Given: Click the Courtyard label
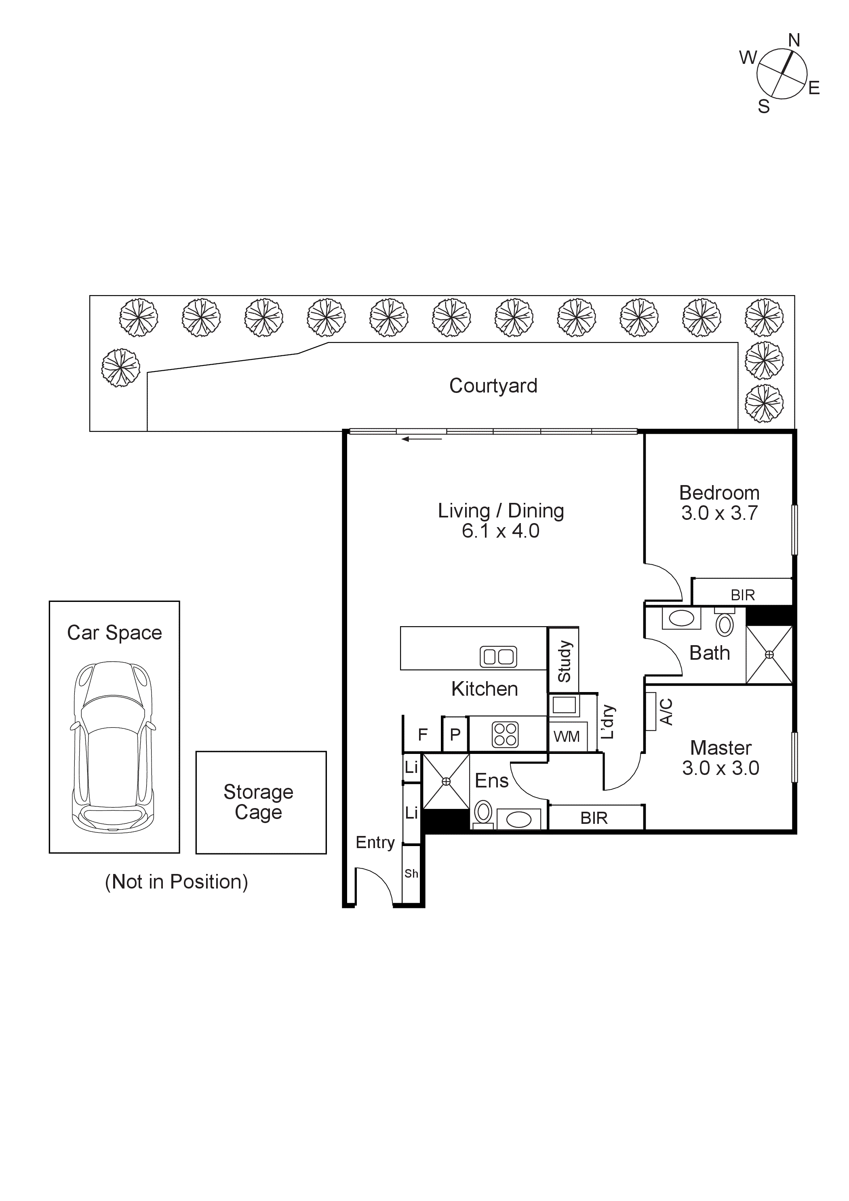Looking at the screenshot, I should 493,386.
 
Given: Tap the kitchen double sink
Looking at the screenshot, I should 498,656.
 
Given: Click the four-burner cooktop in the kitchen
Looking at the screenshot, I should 505,735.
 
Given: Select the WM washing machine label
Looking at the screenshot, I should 566,737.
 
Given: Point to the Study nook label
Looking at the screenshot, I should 564,661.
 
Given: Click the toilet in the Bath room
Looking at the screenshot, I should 724,623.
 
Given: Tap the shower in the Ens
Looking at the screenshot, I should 446,781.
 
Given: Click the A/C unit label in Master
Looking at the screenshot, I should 666,711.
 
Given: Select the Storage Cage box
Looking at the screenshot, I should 261,802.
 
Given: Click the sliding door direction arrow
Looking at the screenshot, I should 421,439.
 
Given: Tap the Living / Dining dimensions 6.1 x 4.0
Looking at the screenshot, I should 500,531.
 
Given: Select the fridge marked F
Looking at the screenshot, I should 422,735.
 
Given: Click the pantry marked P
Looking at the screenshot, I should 455,735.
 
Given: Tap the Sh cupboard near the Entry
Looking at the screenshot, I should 411,874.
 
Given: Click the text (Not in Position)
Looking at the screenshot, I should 176,882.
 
